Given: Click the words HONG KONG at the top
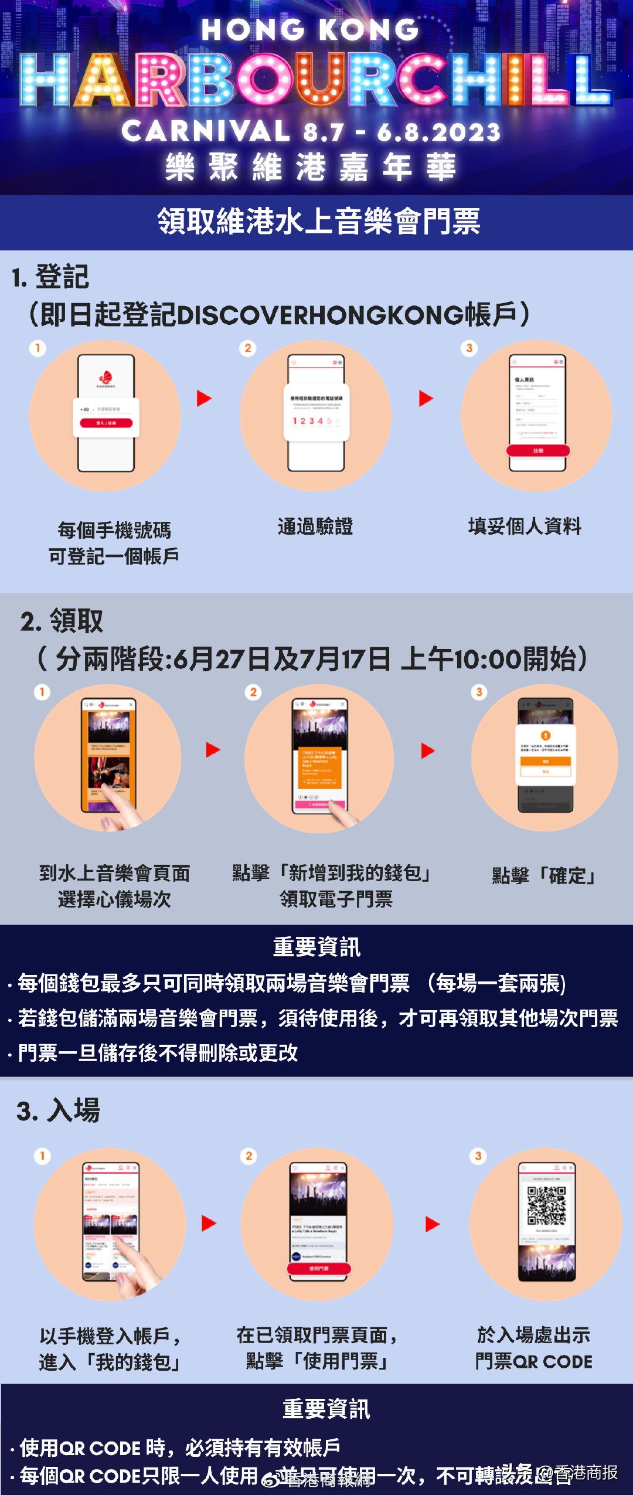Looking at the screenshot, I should tap(310, 29).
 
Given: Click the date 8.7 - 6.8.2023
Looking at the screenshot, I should tap(401, 132).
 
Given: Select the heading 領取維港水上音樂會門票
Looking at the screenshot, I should tap(318, 222).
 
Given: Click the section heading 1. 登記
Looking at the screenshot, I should tap(50, 277).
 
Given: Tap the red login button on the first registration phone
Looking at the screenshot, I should tap(106, 423).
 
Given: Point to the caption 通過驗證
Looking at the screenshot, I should tap(315, 526).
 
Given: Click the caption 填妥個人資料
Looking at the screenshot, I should tap(525, 526).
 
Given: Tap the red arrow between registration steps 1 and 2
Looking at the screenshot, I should tap(204, 399).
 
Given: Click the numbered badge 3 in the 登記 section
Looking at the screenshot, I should tap(469, 348).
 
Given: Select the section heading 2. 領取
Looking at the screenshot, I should tap(62, 621).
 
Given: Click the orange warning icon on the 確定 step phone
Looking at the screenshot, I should tap(545, 736).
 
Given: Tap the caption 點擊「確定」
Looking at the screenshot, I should tap(543, 876).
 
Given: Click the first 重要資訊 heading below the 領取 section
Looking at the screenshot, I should tap(316, 947).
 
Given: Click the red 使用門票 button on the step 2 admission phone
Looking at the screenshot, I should tap(318, 1268).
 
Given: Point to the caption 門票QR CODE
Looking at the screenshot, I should tap(533, 1361).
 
